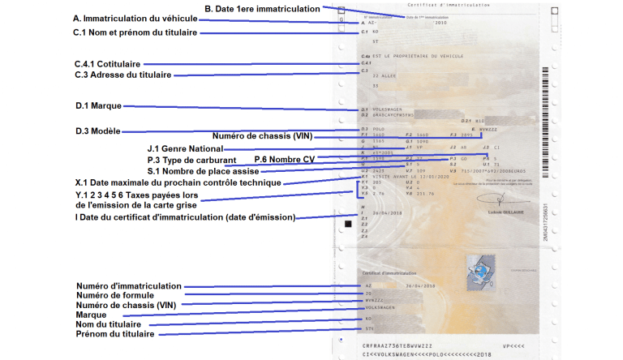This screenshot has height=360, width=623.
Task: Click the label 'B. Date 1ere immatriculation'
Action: coord(262,8)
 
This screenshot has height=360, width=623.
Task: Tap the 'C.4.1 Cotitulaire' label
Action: coord(106,63)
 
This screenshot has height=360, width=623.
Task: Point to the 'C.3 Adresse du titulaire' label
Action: coord(122,75)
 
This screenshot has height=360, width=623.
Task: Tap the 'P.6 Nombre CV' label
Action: coord(284,159)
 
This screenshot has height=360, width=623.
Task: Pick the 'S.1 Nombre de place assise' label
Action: coord(203,171)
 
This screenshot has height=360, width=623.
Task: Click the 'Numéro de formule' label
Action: coord(114,296)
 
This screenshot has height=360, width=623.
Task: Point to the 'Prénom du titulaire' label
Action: coord(114,333)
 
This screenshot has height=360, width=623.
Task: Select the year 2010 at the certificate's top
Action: coord(441,24)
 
